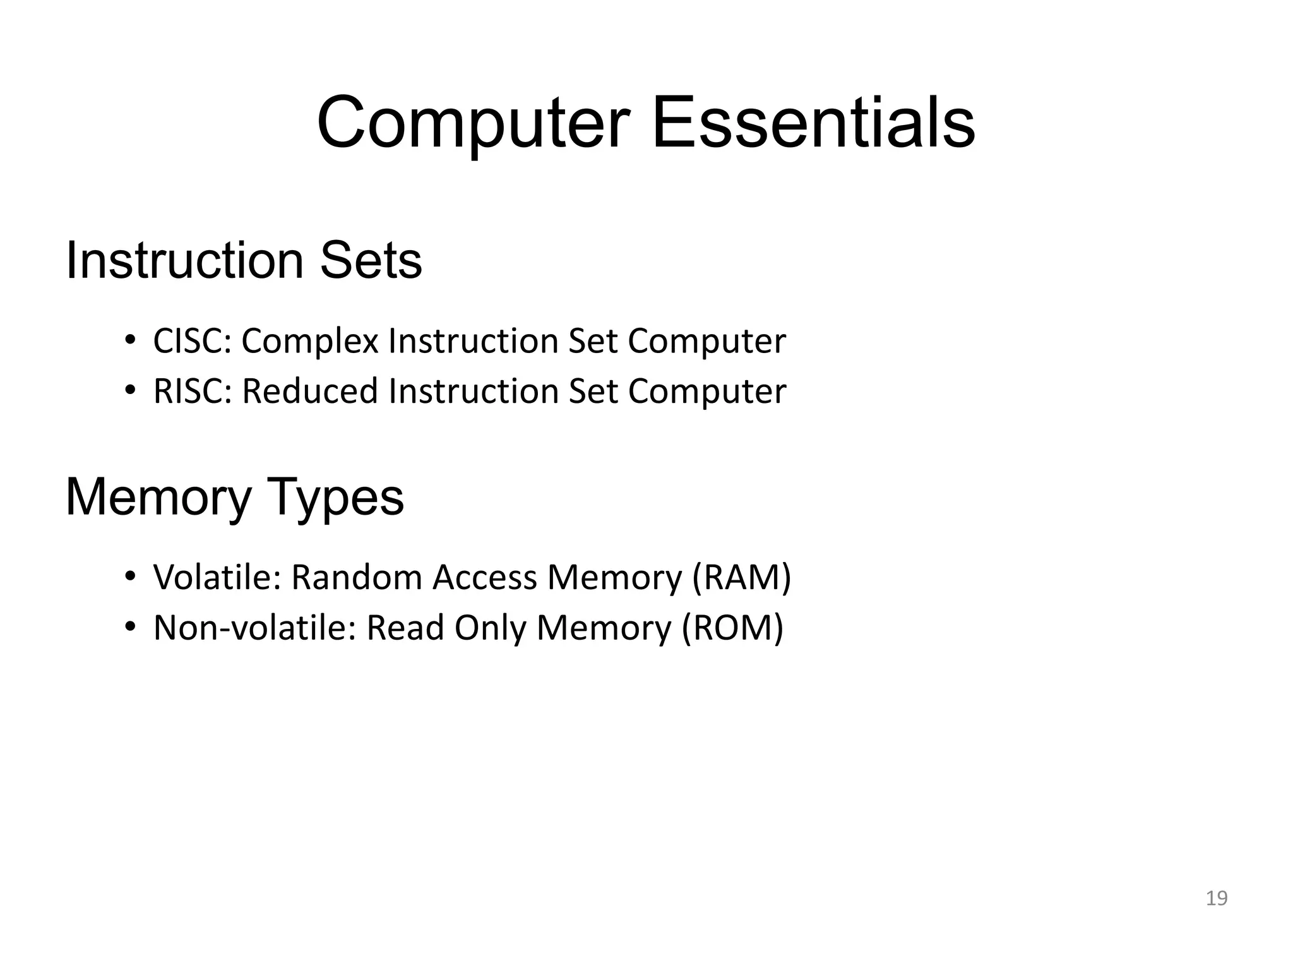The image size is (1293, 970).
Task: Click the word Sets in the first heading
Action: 371,261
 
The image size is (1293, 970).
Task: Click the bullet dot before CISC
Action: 130,340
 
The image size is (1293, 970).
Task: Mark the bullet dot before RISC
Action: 130,390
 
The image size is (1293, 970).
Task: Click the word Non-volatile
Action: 255,628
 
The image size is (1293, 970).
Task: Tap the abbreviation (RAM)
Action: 741,577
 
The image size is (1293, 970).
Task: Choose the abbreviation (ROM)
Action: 732,628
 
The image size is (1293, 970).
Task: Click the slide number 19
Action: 1216,898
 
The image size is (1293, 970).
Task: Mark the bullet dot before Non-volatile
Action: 130,626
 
